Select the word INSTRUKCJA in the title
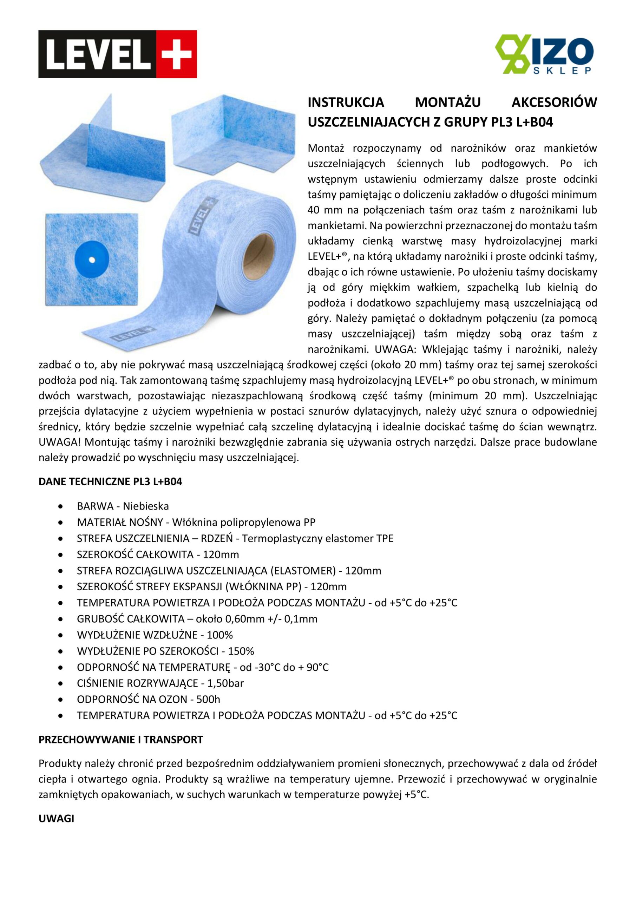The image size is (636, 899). [346, 102]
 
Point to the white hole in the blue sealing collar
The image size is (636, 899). [92, 260]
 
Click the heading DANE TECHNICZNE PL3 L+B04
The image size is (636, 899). [110, 481]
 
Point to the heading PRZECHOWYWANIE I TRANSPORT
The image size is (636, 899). [120, 740]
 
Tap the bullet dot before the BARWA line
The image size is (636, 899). [60, 507]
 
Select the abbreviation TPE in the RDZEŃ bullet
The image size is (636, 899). [385, 538]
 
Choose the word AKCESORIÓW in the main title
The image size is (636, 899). [554, 102]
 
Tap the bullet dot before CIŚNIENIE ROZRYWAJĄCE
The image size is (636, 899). [60, 684]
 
